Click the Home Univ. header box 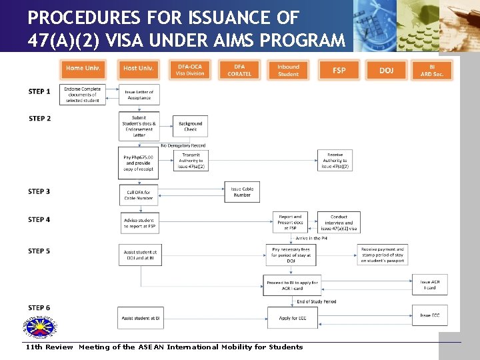[x=83, y=69]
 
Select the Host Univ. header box [x=139, y=69]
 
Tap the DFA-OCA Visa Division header [x=190, y=70]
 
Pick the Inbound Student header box [x=288, y=70]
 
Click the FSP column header [x=339, y=70]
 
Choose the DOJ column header [x=387, y=70]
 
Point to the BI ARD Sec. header [x=432, y=70]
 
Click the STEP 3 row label [x=39, y=191]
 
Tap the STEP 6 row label [x=39, y=308]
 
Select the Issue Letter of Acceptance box [x=139, y=95]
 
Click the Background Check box [x=190, y=126]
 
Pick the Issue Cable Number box [x=242, y=192]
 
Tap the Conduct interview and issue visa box [x=339, y=223]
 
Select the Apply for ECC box [x=293, y=318]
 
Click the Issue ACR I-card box [x=429, y=285]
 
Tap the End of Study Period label [x=316, y=301]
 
